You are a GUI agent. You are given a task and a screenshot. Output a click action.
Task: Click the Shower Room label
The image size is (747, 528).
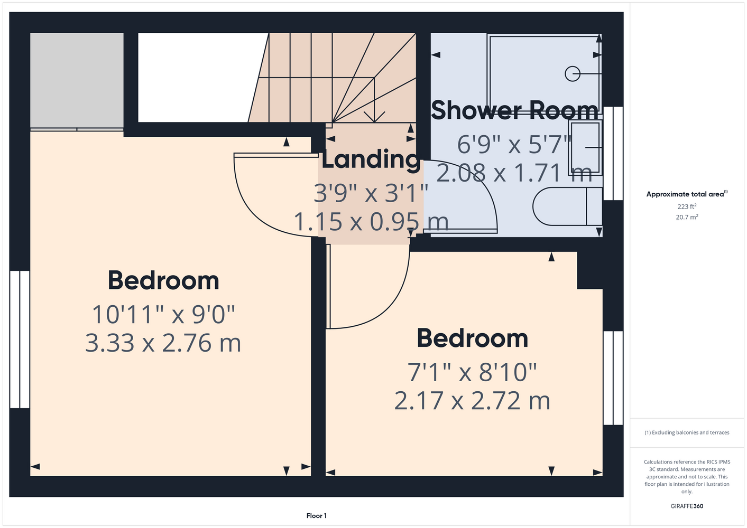pos(514,110)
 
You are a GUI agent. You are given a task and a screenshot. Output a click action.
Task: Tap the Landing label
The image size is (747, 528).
pos(371,159)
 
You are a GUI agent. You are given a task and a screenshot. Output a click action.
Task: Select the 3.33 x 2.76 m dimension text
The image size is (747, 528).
pos(163,343)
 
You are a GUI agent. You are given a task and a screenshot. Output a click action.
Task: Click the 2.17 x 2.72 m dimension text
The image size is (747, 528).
pos(472,401)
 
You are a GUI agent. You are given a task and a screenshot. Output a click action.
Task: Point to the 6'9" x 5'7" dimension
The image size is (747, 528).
pos(514,145)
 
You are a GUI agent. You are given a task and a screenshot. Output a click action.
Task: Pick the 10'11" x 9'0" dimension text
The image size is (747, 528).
pos(163,315)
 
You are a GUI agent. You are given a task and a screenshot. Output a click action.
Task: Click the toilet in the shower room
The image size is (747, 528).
pos(567,206)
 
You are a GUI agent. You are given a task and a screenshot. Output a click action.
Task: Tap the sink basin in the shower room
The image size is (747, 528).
pos(585,147)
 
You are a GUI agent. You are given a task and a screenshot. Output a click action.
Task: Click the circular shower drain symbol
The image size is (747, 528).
pos(573,73)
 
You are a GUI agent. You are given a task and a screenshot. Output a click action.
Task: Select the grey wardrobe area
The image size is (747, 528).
pos(77,80)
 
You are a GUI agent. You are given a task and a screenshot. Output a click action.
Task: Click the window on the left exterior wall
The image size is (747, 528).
pos(20,340)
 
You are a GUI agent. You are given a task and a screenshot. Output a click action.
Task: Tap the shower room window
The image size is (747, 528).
pos(613,153)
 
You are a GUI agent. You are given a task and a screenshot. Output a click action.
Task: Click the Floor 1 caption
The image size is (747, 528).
pos(317,516)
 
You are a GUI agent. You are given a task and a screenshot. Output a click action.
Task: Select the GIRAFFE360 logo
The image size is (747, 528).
pos(687,506)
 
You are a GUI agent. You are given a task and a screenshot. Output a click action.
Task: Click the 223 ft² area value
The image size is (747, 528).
pos(687,206)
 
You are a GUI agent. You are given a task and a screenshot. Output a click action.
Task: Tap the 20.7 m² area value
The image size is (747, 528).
pos(687,217)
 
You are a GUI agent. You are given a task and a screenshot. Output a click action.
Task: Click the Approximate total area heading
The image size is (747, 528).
pos(687,194)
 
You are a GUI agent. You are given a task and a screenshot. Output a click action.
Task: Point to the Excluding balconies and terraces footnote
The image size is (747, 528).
pos(687,432)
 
